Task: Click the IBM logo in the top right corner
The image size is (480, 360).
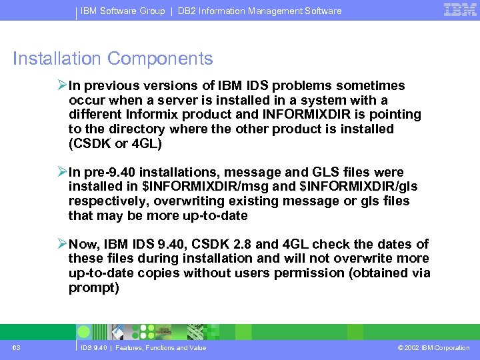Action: (459, 10)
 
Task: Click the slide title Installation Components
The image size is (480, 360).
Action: (113, 59)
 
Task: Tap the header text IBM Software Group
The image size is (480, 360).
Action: (123, 11)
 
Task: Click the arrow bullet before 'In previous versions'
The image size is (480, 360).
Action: (61, 86)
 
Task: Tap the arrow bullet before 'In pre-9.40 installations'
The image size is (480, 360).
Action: (61, 173)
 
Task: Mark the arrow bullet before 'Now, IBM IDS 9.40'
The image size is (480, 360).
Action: (61, 245)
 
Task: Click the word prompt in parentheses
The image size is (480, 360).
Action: (93, 288)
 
